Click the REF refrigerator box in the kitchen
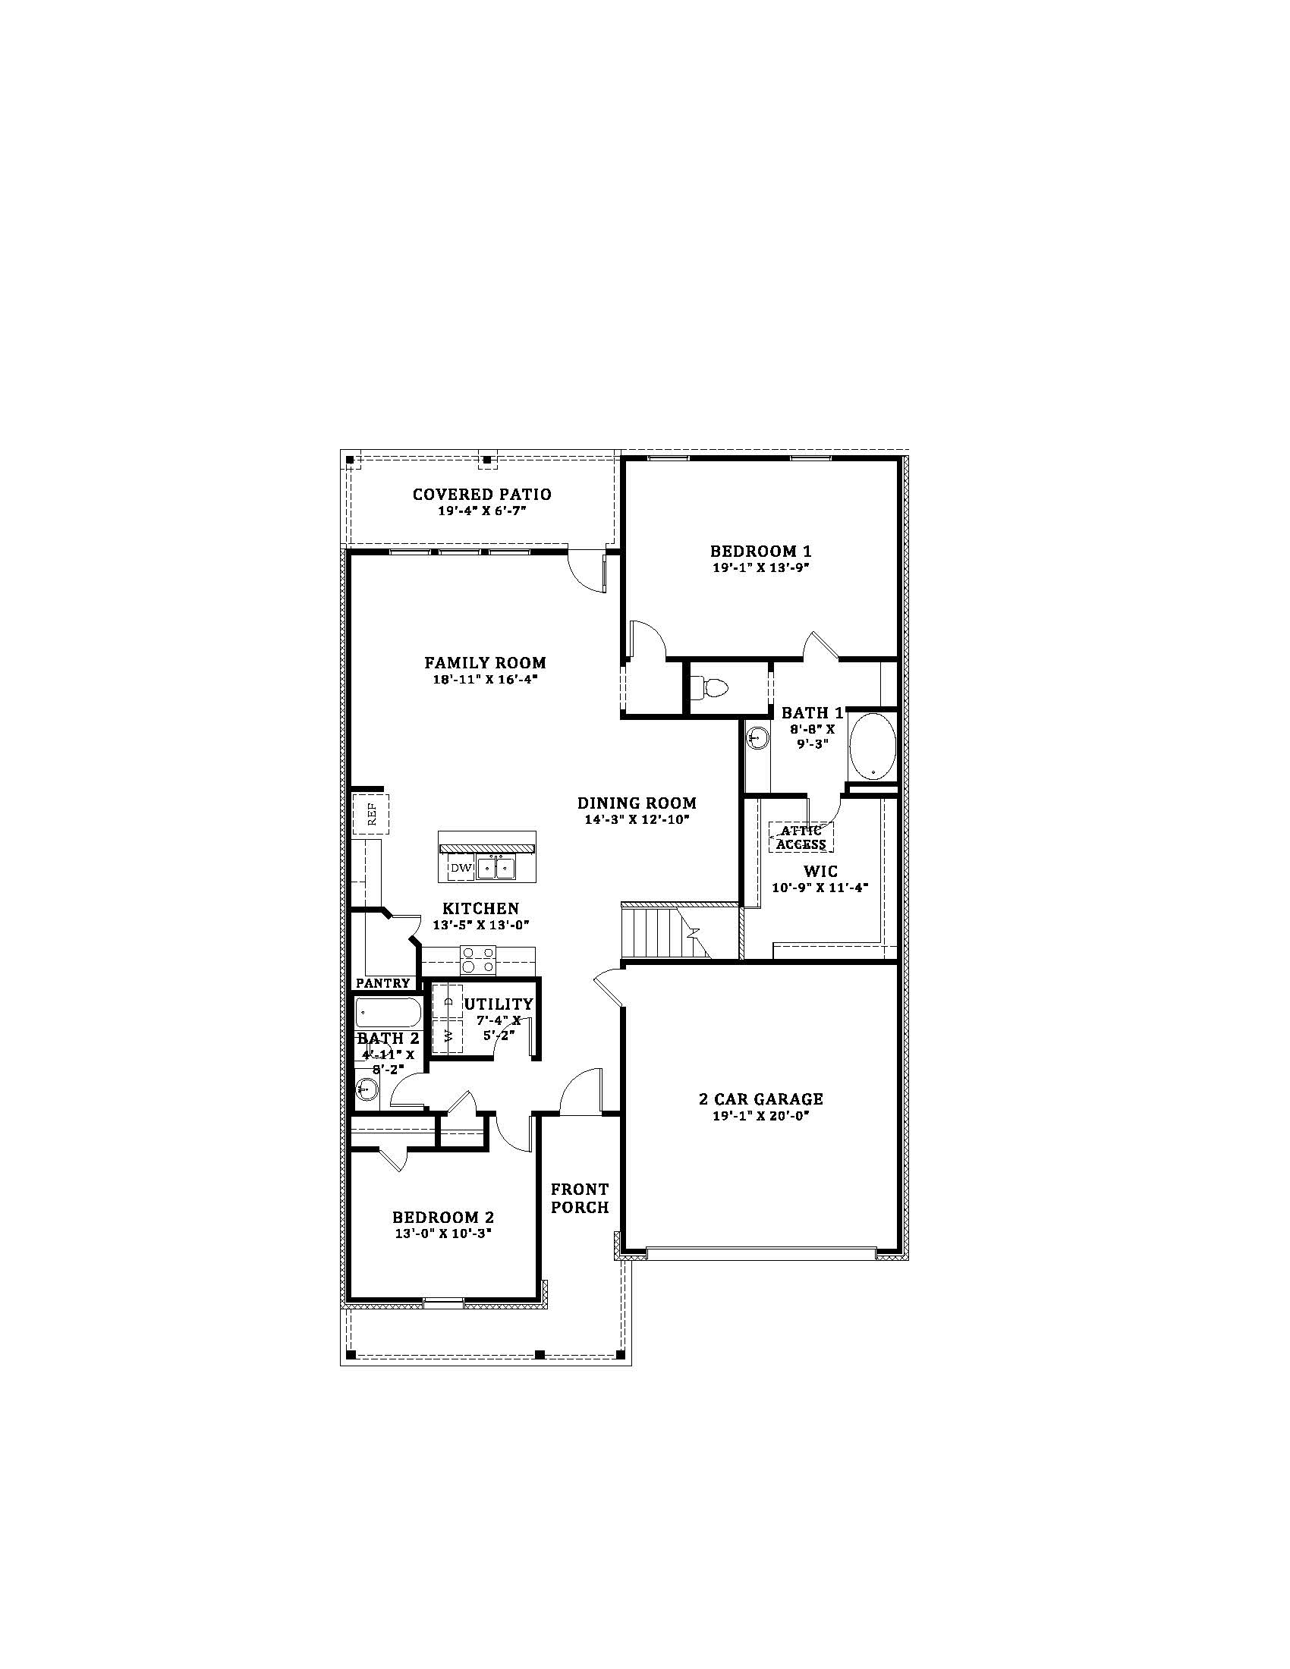(371, 815)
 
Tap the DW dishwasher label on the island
(459, 867)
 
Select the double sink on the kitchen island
(496, 868)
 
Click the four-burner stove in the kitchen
(477, 960)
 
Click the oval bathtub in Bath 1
(872, 745)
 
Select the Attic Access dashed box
(801, 837)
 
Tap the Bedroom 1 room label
(760, 551)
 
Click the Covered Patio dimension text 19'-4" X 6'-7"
(482, 510)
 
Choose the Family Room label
(486, 662)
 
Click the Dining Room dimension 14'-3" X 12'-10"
(637, 819)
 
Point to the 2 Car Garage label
(761, 1099)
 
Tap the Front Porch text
(580, 1198)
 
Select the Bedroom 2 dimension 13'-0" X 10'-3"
(443, 1234)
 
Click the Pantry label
(383, 983)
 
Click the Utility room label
(499, 1004)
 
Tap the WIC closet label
(820, 871)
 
